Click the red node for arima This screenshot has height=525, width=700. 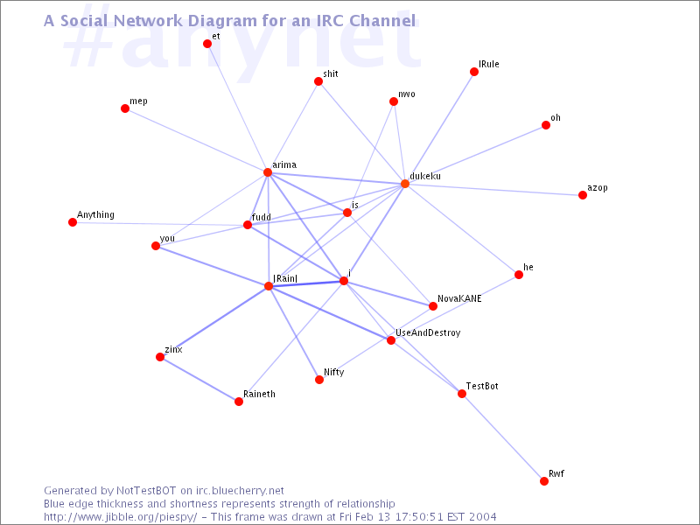268,172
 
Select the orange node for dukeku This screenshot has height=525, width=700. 405,184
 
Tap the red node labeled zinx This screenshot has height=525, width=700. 160,357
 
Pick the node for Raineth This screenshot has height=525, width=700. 239,402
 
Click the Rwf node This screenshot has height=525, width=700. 544,481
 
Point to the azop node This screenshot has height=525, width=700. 583,195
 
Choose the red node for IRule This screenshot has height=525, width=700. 474,72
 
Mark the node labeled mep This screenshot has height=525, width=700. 125,108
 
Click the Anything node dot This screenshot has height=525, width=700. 73,222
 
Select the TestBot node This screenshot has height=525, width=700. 462,394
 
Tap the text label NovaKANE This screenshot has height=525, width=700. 459,298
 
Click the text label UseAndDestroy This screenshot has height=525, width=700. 428,333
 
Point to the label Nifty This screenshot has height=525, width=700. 333,372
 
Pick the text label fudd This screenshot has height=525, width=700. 261,216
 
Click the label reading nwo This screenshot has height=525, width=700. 407,94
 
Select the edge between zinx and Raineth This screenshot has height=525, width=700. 199,380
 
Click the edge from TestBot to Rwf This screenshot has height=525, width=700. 503,437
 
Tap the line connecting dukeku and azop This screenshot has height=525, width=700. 494,190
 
